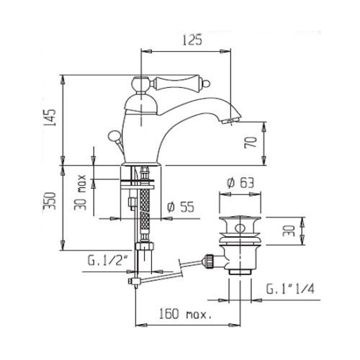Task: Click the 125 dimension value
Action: [192, 40]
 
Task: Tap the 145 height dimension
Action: [51, 117]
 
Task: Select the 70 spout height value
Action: [251, 142]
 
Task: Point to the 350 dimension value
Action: [50, 201]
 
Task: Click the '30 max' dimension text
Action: [80, 192]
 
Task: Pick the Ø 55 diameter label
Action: [181, 207]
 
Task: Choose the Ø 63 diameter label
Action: [240, 183]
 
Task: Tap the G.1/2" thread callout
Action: [108, 261]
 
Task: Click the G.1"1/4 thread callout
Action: [290, 289]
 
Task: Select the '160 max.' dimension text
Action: [186, 314]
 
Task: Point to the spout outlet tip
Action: [230, 121]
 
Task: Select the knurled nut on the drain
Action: [209, 261]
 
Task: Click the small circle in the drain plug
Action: [240, 228]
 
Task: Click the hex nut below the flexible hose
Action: [144, 246]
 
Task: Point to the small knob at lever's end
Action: [207, 84]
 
